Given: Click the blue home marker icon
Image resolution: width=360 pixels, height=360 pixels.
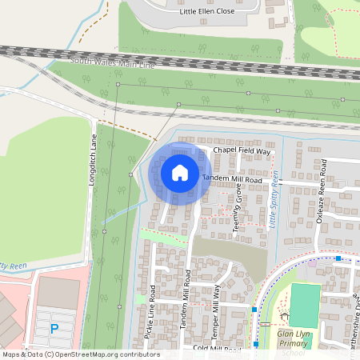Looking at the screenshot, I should (x=180, y=173).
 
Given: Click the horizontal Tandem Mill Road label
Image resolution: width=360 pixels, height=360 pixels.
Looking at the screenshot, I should (x=233, y=180).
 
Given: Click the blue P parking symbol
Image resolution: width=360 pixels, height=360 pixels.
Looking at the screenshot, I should (x=54, y=328).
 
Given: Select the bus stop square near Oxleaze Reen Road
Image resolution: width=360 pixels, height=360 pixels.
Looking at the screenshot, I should (x=339, y=258).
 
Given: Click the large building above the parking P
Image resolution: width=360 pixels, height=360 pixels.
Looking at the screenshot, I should (x=58, y=293).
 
